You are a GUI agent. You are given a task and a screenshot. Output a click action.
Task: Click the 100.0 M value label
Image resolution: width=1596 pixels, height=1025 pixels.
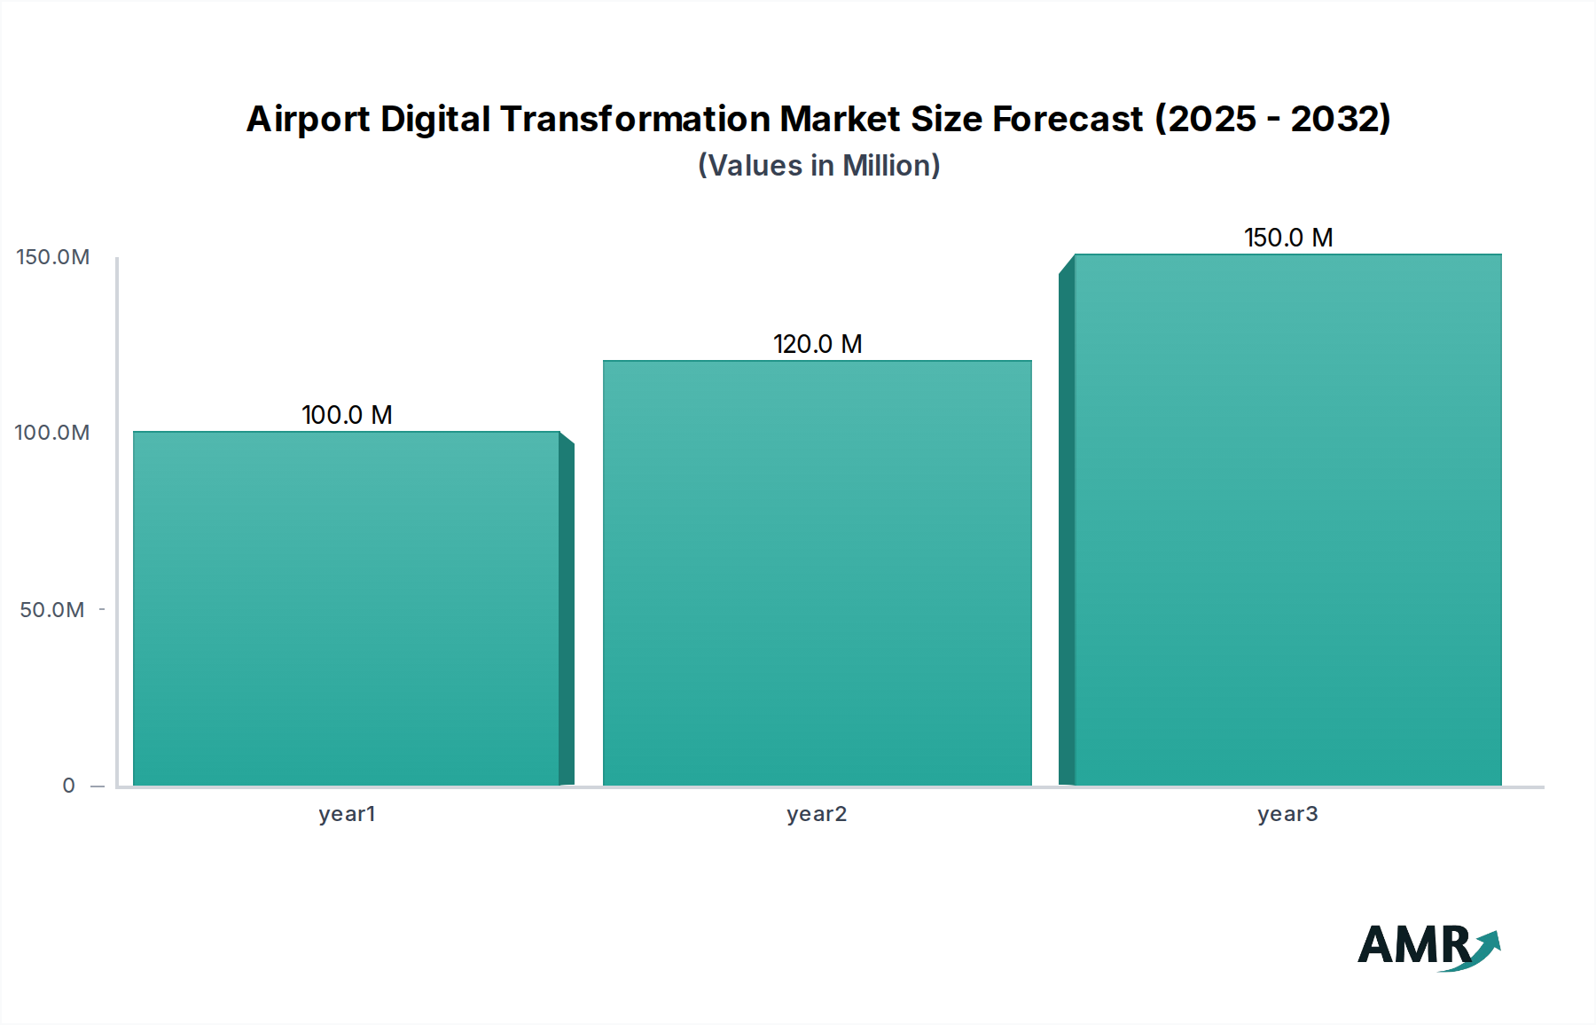(347, 415)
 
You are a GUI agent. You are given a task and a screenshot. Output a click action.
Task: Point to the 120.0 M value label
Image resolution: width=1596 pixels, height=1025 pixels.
(818, 344)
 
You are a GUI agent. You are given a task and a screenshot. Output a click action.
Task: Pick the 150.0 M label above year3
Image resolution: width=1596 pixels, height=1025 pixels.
(1288, 238)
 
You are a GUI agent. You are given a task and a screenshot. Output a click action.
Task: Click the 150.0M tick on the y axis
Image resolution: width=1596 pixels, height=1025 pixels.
(53, 257)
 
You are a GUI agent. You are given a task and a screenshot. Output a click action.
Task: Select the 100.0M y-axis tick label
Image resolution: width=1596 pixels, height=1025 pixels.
(52, 433)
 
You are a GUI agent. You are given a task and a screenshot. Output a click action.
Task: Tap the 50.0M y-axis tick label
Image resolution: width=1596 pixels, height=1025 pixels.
(52, 610)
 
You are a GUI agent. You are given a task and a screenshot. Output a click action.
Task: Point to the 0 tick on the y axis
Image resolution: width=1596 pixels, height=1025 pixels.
(69, 786)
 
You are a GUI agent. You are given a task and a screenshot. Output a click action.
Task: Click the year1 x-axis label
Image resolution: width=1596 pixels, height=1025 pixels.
(347, 814)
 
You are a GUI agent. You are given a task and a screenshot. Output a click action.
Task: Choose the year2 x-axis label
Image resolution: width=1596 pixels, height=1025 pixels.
(817, 814)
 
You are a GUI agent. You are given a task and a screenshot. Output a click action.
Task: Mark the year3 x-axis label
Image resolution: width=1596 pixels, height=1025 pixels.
(1287, 814)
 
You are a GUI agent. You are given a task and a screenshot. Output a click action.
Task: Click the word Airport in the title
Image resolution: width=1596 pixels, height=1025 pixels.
(307, 120)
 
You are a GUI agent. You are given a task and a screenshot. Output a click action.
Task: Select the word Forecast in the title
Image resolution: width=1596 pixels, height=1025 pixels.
(1068, 119)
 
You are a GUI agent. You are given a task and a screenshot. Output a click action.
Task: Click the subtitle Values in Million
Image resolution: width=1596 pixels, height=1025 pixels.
(818, 166)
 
